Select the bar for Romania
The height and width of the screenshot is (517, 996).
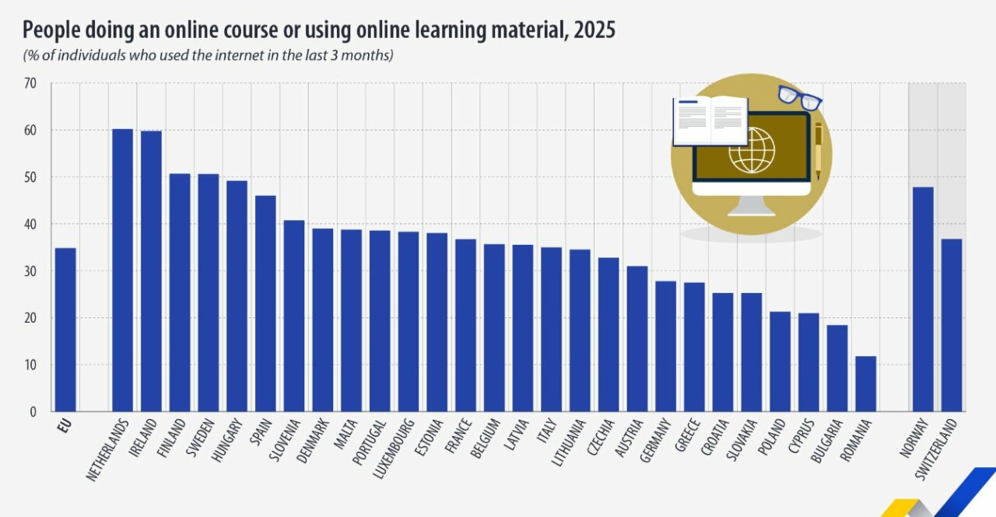pos(865,384)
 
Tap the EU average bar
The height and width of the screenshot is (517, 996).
pos(65,330)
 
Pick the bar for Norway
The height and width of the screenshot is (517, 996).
pos(923,299)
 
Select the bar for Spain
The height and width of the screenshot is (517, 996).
pos(265,303)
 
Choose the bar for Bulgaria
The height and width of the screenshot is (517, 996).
pos(837,369)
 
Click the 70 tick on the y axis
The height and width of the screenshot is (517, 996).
pos(30,83)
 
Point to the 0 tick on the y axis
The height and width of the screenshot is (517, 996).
pos(33,412)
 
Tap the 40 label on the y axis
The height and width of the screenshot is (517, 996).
pos(30,225)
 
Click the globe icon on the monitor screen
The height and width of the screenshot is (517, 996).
pos(752,150)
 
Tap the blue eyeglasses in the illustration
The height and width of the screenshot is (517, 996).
pos(800,97)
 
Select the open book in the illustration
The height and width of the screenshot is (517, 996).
pos(710,121)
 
